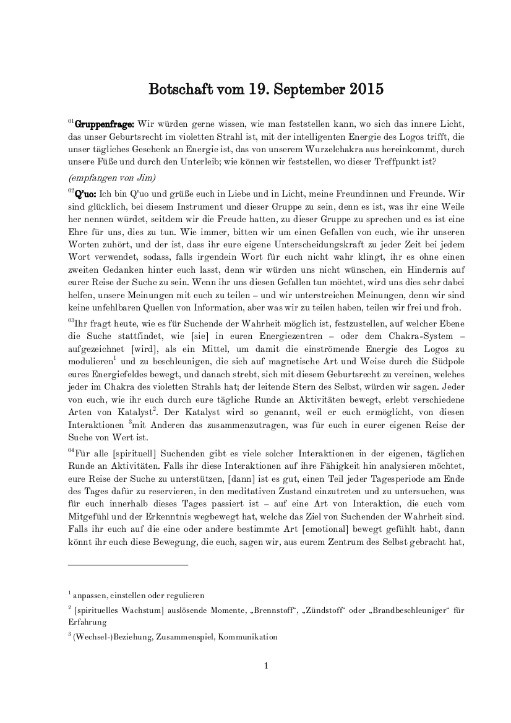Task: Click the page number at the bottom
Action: pyautogui.click(x=265, y=666)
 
